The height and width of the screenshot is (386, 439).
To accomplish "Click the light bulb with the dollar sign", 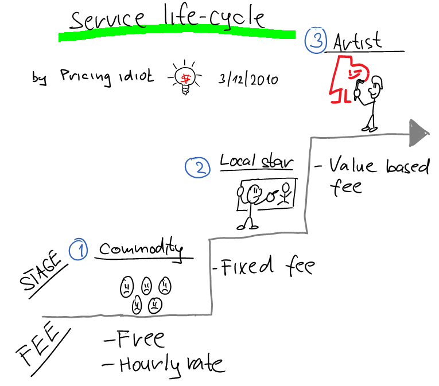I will (x=185, y=77).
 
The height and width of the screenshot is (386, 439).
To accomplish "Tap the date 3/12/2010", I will (x=248, y=79).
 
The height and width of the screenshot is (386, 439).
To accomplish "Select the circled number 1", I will (x=79, y=251).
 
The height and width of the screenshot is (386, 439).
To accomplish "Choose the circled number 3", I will (x=315, y=41).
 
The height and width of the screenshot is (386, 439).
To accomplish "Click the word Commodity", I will (x=141, y=249).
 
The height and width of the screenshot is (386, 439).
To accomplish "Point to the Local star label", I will (x=257, y=162).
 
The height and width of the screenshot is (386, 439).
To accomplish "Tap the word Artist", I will (x=357, y=41).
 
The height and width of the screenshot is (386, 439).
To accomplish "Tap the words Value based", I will (x=379, y=166).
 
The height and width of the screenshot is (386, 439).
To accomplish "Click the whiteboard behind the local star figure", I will (x=270, y=195).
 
